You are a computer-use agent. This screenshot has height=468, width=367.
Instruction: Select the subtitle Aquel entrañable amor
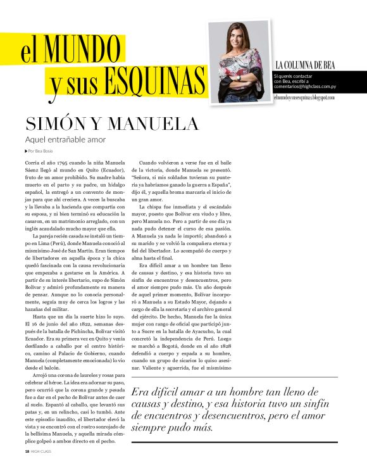point(65,139)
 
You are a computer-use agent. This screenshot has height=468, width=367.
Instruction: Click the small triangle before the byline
point(26,151)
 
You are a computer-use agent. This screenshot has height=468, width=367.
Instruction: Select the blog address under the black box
point(304,98)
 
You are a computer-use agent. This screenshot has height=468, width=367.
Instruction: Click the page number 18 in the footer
point(27,451)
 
